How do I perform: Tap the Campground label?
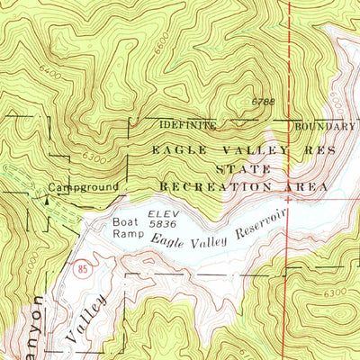[84, 187]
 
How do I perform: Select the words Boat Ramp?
[126, 227]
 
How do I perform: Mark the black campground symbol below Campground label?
[46, 202]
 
